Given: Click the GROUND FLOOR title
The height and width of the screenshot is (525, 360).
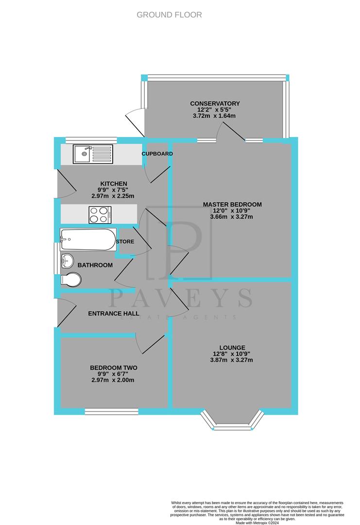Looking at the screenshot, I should [x=169, y=15].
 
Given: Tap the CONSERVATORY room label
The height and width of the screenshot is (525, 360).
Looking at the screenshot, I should [x=215, y=104].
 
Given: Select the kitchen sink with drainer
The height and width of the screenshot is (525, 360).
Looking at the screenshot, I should [x=93, y=154].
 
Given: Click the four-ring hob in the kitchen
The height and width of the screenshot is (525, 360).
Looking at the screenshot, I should [x=100, y=214].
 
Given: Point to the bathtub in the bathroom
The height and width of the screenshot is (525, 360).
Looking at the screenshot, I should [x=88, y=239].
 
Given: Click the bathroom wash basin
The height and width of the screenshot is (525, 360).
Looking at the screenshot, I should [x=67, y=261].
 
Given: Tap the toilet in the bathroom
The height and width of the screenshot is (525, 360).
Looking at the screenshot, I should [x=71, y=280].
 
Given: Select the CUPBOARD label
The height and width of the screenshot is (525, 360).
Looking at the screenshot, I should [x=157, y=154].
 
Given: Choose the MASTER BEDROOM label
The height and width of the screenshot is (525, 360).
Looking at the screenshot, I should [x=232, y=204].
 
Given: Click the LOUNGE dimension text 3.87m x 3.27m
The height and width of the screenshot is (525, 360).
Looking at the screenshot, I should [x=232, y=360].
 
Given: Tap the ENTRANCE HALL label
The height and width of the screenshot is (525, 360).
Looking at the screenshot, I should [x=114, y=314].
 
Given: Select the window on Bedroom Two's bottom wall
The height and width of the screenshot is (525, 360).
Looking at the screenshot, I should [x=111, y=411].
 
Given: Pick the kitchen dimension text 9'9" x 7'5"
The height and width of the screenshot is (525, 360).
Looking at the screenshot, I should [x=113, y=190].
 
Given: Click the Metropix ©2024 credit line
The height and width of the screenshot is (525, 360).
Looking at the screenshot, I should [x=257, y=523].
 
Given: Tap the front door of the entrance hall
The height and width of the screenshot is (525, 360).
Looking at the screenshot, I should [x=66, y=314].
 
